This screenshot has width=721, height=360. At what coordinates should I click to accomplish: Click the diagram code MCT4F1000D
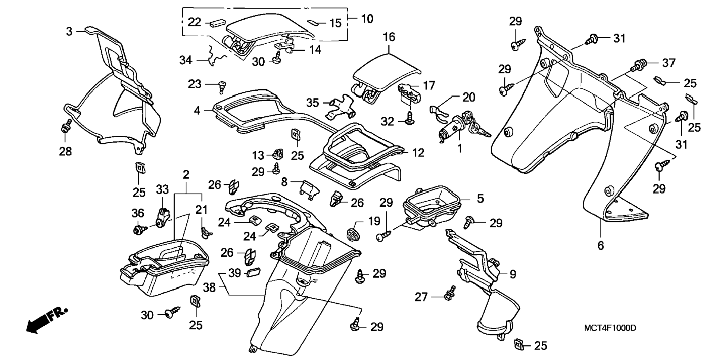coord(610,328)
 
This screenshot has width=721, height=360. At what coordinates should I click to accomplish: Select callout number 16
coord(389,37)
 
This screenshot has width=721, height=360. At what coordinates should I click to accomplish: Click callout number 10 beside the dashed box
coord(367,19)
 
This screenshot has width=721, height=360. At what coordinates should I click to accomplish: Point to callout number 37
coord(668,63)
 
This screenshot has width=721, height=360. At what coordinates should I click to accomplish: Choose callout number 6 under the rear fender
coord(600,245)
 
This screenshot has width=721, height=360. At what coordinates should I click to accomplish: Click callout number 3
coord(69,32)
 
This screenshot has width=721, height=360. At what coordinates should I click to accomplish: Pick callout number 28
coord(65,151)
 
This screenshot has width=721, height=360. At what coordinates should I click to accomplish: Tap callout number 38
coord(210,287)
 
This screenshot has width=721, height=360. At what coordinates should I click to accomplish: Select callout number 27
coord(421,297)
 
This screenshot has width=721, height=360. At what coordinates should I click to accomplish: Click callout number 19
coord(374,221)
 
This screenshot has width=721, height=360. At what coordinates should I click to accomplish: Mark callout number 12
coord(418,153)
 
